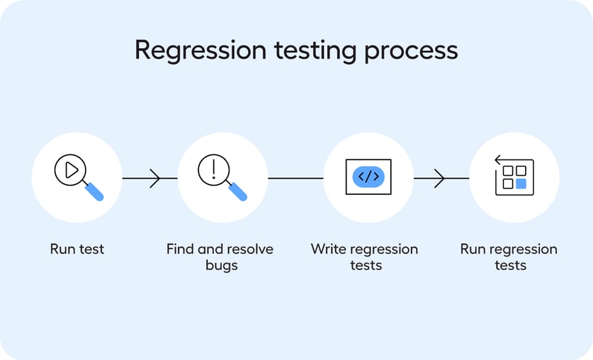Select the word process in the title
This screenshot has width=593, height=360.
point(411,51)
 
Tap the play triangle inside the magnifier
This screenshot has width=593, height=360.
point(71,170)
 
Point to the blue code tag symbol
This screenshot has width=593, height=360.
point(368,177)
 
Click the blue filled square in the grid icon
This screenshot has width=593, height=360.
point(521,184)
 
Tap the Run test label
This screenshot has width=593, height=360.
point(77,249)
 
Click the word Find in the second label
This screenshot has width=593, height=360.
point(180,249)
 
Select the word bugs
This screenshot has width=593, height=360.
point(219,266)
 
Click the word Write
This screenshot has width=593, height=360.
point(327,249)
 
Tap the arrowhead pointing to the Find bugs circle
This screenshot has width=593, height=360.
point(155,178)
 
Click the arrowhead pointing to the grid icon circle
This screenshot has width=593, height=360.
point(440,178)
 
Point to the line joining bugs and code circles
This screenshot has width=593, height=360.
point(295,178)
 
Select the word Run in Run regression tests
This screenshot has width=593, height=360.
point(473,249)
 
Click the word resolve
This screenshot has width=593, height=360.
point(250,249)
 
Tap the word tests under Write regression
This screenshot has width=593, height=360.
point(366,266)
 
